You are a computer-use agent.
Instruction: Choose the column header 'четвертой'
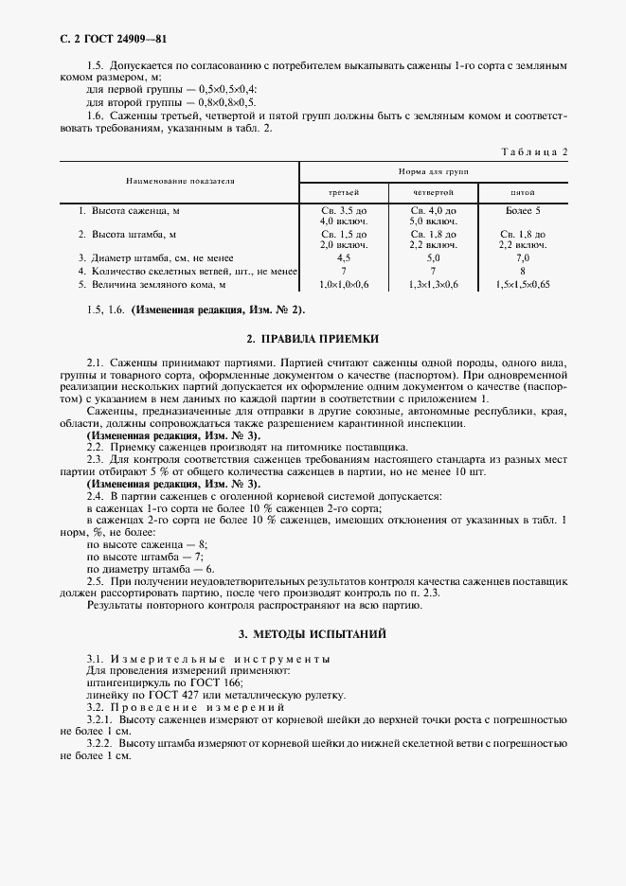pos(435,192)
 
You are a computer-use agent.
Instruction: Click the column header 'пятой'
pos(524,192)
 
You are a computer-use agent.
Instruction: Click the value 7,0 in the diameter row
pos(524,257)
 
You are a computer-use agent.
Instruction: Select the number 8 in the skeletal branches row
pos(524,271)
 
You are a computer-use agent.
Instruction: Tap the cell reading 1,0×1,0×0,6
pos(345,284)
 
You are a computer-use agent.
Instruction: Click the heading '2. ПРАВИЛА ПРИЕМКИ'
pos(313,337)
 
